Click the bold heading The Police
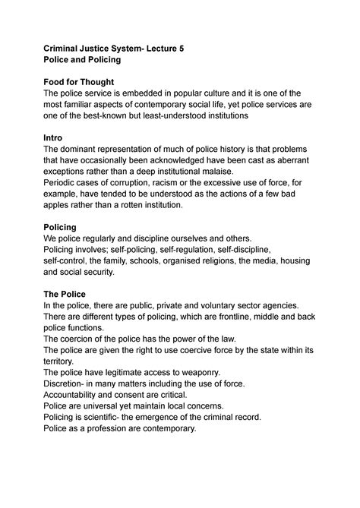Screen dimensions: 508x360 click(65, 294)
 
